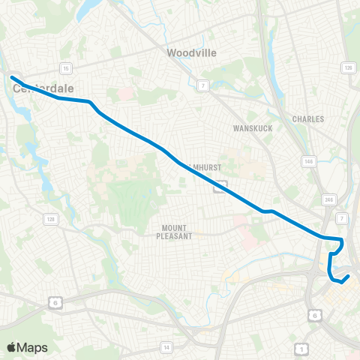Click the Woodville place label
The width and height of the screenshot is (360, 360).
tap(191, 52)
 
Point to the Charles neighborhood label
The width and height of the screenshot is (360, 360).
tap(307, 119)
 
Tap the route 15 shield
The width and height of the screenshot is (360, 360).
tap(66, 68)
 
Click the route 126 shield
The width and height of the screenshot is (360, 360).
tap(348, 68)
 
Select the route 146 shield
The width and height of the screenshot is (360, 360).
tap(309, 161)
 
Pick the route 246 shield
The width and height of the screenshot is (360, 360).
tap(328, 199)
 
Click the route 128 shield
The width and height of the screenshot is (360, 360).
tap(51, 219)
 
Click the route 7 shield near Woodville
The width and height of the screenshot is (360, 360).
tap(202, 87)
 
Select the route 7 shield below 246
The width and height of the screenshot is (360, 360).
tap(341, 217)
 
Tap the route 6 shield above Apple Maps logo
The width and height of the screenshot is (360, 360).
tap(55, 302)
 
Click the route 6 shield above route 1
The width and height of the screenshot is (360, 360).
tap(313, 316)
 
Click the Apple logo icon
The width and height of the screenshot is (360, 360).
tap(11, 347)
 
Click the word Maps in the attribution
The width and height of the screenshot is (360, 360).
tap(32, 347)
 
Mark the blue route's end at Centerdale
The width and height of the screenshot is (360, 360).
tap(12, 76)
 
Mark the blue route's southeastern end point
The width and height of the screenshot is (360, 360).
tap(349, 277)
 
